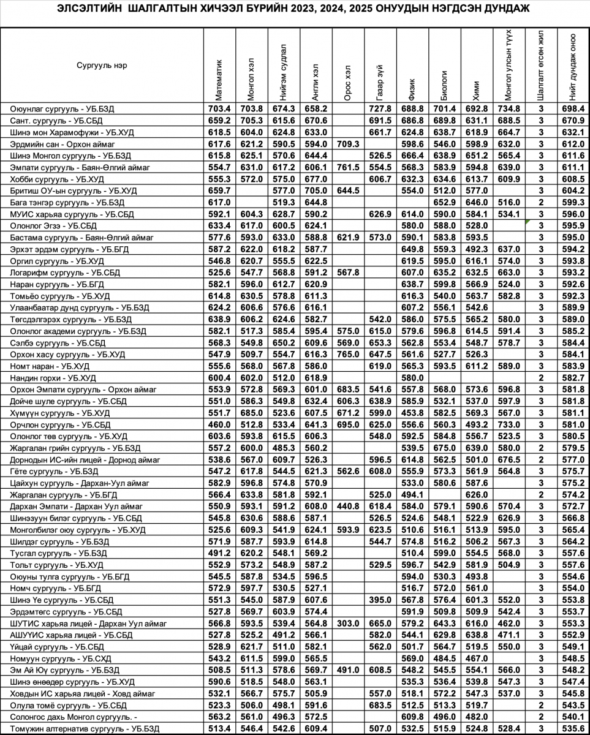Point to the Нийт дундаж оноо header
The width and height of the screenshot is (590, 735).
572,67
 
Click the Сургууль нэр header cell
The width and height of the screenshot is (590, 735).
102,66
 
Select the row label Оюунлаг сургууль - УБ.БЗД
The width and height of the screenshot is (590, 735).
62,109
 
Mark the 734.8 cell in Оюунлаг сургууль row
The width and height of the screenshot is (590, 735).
509,109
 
